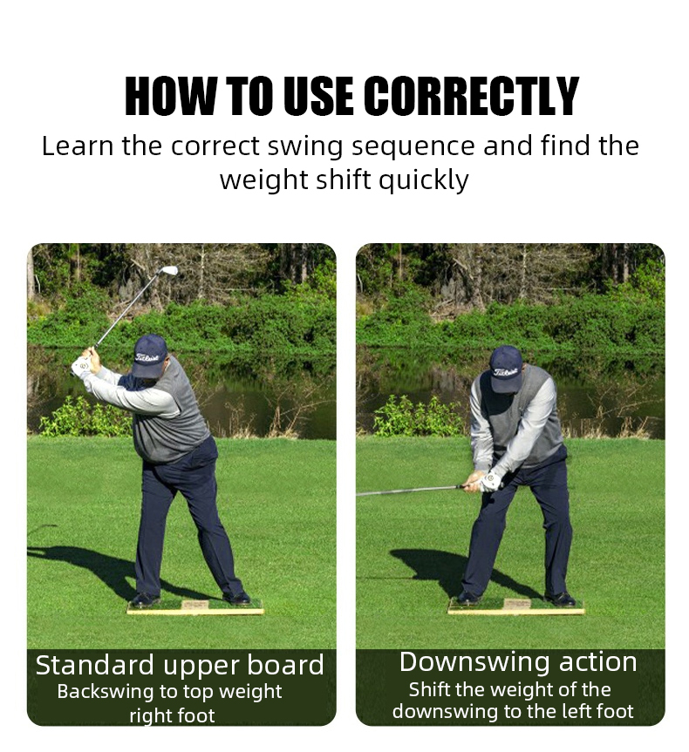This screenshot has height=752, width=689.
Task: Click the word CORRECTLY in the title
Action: click(471, 97)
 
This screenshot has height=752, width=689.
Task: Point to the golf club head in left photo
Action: click(170, 271)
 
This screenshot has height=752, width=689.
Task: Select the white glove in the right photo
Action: click(491, 480)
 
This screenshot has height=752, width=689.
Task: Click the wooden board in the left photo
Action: click(195, 607)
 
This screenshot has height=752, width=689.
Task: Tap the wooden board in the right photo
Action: click(516, 607)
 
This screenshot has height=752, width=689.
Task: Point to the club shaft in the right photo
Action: click(410, 491)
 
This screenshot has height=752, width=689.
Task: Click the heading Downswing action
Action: click(518, 662)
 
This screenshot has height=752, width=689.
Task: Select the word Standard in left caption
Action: click(93, 666)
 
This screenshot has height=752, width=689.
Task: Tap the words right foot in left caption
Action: click(172, 715)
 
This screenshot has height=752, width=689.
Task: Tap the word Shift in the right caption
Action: click(429, 689)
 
